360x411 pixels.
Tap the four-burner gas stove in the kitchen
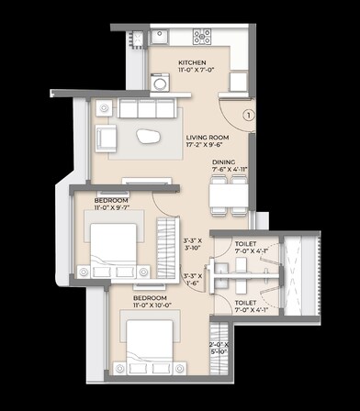point(201,37)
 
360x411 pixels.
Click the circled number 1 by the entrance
point(248,116)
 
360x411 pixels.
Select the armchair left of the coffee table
point(107,139)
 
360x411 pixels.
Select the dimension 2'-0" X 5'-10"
point(222,348)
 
